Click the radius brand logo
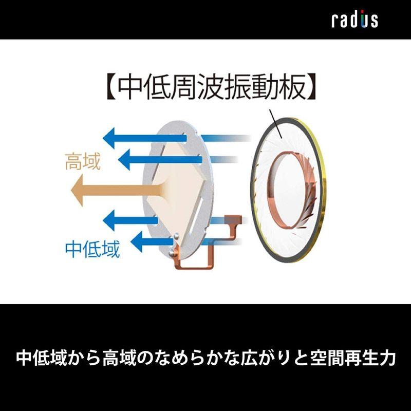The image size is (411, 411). [354, 20]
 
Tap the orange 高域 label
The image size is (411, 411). [83, 162]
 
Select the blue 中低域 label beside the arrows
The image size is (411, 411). [92, 249]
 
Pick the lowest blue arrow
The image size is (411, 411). [149, 240]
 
